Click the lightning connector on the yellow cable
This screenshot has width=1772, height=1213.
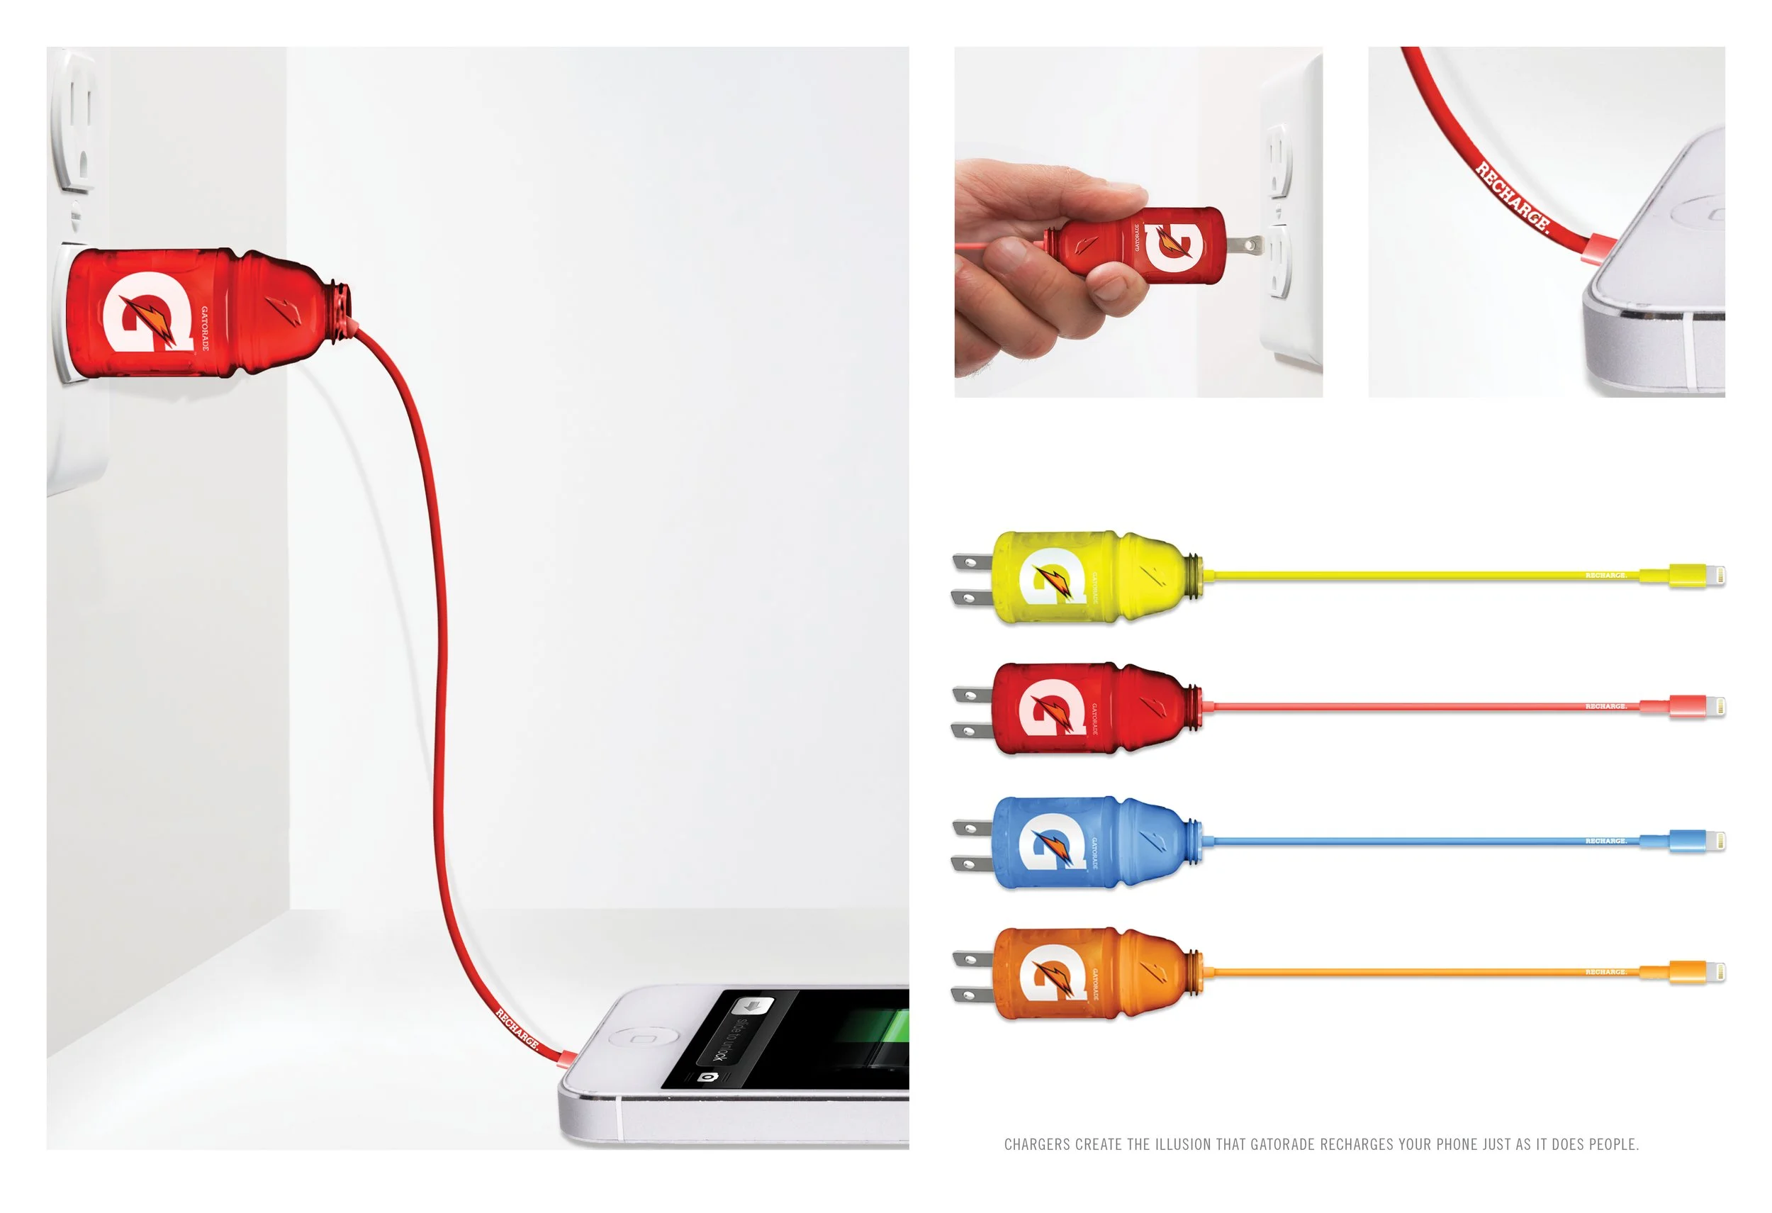(x=1698, y=576)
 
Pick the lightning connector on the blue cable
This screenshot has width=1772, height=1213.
(x=1698, y=841)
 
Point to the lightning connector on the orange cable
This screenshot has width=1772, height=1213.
(x=1698, y=972)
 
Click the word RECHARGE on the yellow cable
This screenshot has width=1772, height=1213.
(x=1605, y=576)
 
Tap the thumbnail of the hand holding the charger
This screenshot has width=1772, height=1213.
(x=1138, y=222)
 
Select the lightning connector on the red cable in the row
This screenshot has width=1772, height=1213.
(x=1698, y=707)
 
